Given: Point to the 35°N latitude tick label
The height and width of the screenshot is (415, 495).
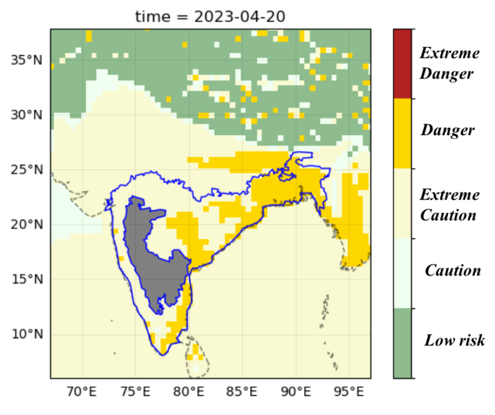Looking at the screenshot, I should pos(27,60).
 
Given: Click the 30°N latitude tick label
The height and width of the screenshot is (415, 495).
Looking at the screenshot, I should pos(27,115).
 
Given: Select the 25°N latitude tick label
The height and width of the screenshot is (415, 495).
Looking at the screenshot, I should pos(27,170).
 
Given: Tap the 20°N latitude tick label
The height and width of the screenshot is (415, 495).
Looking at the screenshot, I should pos(27,225).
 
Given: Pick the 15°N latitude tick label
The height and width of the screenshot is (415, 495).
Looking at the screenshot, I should pos(27,279).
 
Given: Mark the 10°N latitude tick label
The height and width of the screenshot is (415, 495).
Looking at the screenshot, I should pos(27,334).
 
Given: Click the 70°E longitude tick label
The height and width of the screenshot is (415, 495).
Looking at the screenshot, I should pos(82,391).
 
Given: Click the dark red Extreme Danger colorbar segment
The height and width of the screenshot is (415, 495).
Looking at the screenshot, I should pos(403,64).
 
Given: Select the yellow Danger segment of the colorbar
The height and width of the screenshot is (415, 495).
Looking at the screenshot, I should pos(403,133).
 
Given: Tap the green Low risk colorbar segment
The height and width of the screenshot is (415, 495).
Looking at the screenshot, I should pos(403,343).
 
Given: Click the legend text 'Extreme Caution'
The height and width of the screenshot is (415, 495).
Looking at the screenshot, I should pos(449,205).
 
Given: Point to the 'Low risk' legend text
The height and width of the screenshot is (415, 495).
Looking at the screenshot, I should pos(454,340).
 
